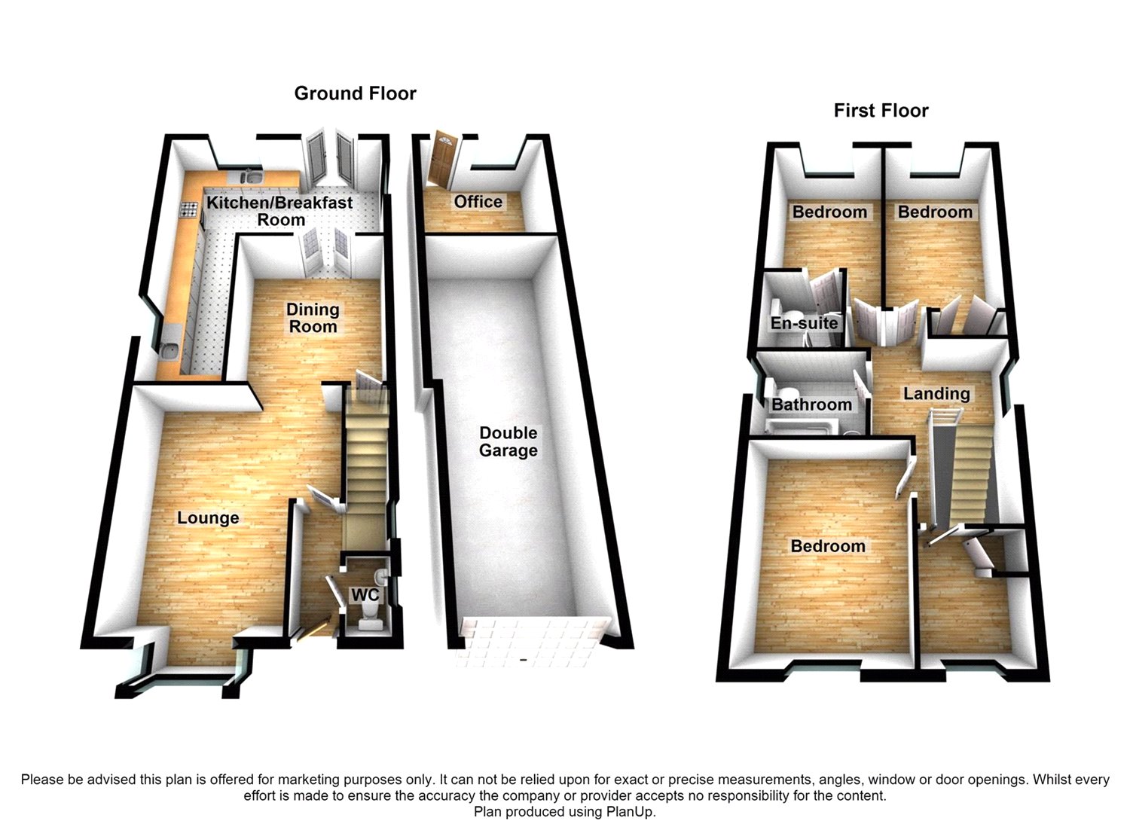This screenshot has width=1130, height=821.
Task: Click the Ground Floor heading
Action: tap(355, 93)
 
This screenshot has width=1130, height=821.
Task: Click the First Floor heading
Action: tap(881, 111)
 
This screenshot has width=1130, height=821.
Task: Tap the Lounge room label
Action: tap(208, 518)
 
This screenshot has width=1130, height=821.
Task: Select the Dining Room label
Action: tap(313, 318)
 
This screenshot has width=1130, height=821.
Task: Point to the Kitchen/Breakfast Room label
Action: tap(280, 211)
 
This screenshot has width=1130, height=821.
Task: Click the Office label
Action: tap(478, 202)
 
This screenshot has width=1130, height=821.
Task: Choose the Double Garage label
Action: tap(508, 441)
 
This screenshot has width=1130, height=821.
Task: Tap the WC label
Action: tap(365, 595)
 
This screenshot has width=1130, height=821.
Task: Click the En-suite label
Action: tap(804, 323)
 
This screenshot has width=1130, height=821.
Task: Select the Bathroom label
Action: tap(811, 404)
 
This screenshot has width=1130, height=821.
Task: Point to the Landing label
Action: tap(936, 394)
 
